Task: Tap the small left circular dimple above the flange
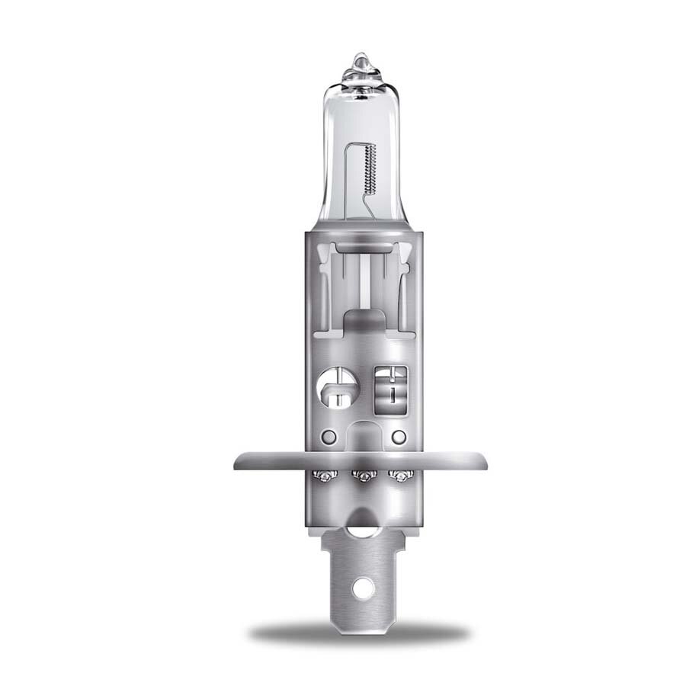329,437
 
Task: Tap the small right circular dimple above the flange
398,437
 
